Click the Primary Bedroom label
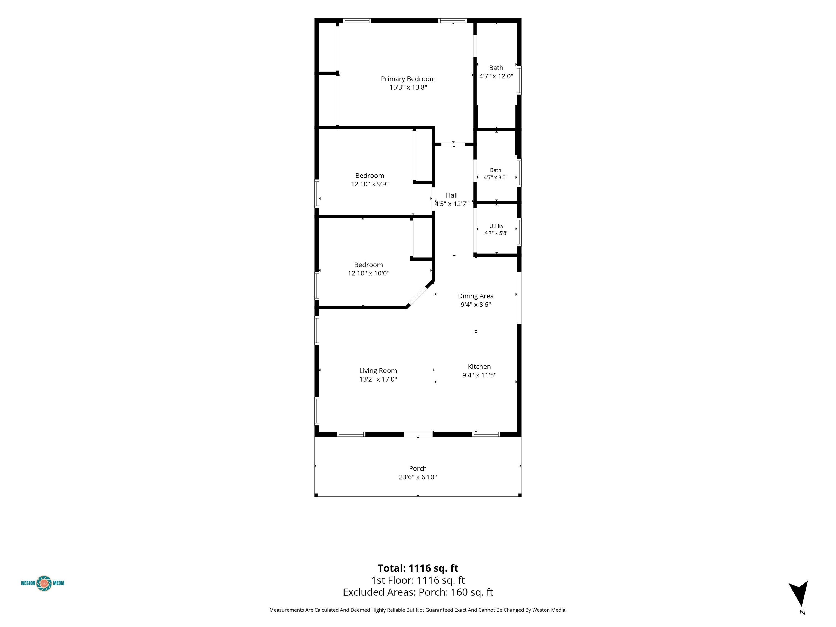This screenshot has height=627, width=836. [x=408, y=79]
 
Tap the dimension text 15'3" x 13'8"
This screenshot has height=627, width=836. [x=408, y=87]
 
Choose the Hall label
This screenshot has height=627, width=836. [x=452, y=195]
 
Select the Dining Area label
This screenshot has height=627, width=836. [x=476, y=296]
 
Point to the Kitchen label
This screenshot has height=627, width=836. [x=479, y=367]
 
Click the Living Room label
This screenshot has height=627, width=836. [x=378, y=371]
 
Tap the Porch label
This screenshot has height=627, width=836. [x=418, y=469]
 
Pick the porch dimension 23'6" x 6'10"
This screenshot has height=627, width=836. [x=418, y=477]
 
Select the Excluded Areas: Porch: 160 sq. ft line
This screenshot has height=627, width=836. [x=418, y=592]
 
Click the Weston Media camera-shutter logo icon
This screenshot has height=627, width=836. [x=44, y=583]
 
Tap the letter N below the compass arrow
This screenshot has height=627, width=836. [x=802, y=613]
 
